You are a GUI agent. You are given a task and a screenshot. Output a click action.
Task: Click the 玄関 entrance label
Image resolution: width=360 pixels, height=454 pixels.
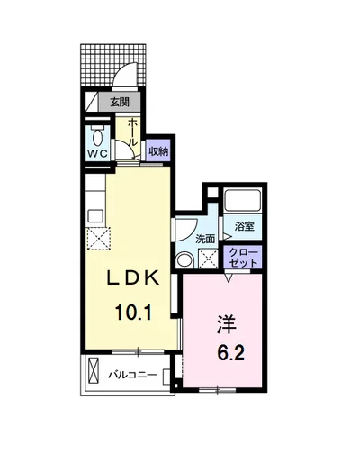pos(119,102)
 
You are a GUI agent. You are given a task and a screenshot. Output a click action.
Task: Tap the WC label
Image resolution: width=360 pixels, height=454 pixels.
pos(98,153)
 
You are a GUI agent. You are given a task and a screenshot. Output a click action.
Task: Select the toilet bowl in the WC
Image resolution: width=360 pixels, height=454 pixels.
pos(98,134)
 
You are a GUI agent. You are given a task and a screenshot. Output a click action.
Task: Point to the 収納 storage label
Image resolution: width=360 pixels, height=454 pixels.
pos(157,150)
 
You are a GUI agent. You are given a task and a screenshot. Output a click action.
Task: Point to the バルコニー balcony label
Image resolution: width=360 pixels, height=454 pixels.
pos(133,374)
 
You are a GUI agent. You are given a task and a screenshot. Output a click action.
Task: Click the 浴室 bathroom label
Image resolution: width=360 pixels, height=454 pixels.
pos(245,226)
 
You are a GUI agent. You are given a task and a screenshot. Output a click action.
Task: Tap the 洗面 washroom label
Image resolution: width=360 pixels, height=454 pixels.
pos(205,239)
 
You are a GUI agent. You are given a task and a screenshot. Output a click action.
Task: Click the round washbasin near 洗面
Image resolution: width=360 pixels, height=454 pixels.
pos(185,259)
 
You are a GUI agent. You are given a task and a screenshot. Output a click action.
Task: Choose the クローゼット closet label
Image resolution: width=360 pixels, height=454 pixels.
pos(245,257)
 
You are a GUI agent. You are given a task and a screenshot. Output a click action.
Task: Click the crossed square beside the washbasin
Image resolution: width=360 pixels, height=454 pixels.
pos(208,259)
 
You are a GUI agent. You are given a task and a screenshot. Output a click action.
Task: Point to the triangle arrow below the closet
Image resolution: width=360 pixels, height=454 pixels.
pos(229,277)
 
